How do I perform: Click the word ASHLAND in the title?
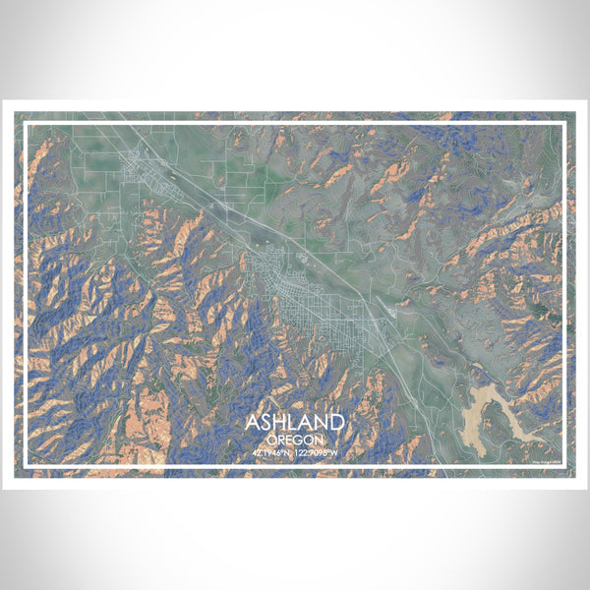click(295, 423)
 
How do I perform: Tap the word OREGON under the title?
click(295, 440)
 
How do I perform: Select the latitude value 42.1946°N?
click(271, 453)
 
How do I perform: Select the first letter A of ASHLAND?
click(253, 423)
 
